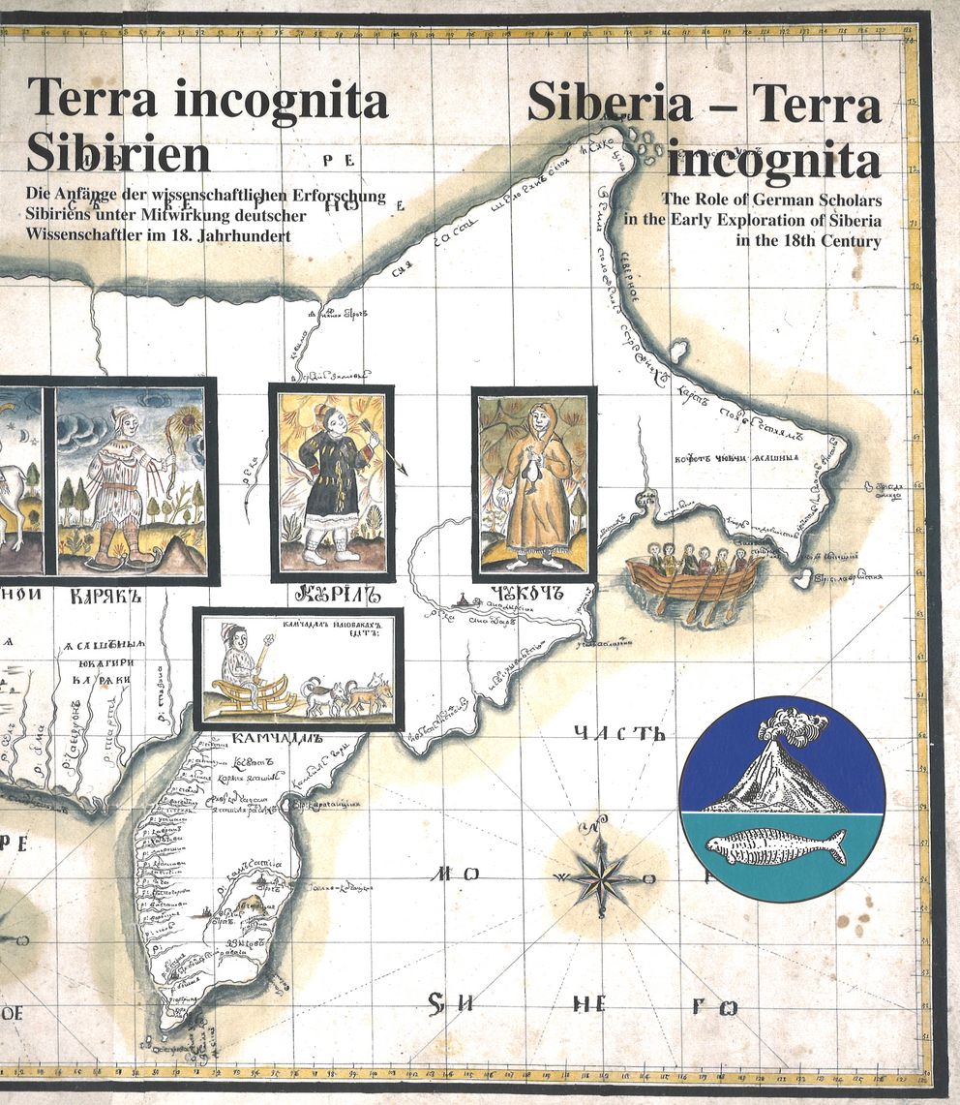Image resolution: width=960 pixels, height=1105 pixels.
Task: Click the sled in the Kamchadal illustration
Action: [254, 691]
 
